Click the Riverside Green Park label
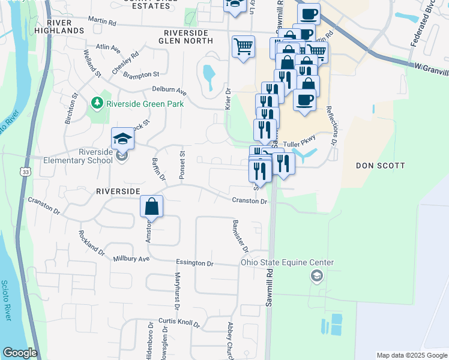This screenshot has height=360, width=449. [x=145, y=103]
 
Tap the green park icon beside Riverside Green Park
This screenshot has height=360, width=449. [x=97, y=104]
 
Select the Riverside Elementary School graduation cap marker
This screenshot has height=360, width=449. [x=122, y=139]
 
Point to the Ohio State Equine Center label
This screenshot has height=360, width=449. [x=287, y=262]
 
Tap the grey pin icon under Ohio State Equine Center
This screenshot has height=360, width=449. [x=315, y=276]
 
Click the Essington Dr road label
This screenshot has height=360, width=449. [x=194, y=263]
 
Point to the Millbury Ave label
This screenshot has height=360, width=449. [x=131, y=259]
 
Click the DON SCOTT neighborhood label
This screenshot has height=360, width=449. [x=381, y=165]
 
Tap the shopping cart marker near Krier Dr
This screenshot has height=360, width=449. [x=243, y=46]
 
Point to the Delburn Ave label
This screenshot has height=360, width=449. [x=169, y=91]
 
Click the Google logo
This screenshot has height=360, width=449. [x=20, y=353]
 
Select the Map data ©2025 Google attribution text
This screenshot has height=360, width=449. [x=412, y=355]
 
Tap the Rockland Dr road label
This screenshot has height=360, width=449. [x=92, y=241]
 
